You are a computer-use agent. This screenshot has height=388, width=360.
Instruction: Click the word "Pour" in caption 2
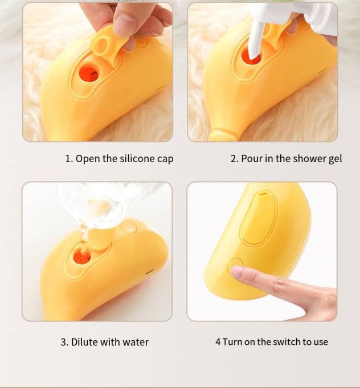point(252,159)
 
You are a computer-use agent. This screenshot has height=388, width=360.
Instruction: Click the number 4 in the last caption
point(218,342)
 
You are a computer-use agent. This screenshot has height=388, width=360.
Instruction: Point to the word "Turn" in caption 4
point(232,342)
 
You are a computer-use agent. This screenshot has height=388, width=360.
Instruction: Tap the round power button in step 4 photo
point(235,266)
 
